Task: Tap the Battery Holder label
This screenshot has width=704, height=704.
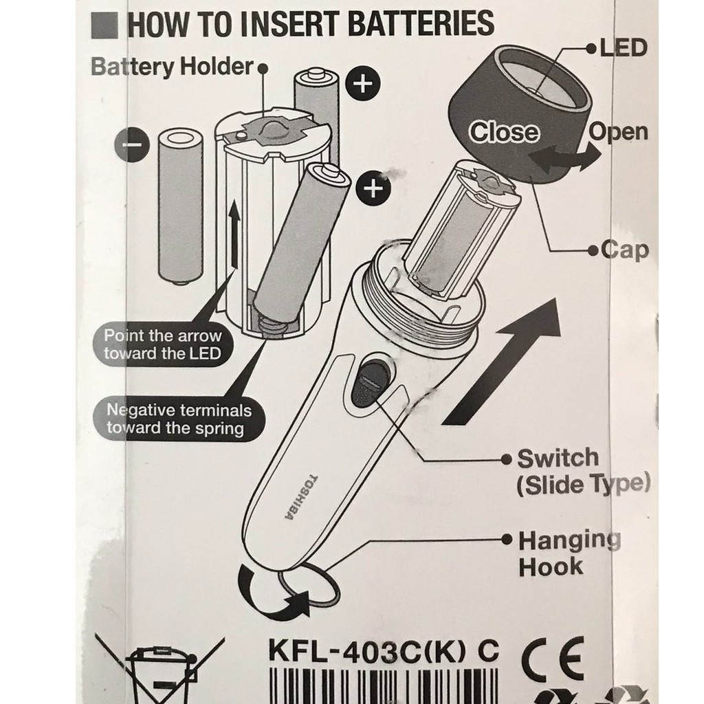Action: point(173,67)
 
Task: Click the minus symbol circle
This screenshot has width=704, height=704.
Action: point(131,144)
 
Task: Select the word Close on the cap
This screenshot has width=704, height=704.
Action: point(504,132)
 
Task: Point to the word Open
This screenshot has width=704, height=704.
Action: point(618,133)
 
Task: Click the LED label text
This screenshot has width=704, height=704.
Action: point(624,48)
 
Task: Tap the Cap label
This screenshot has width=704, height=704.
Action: point(625,250)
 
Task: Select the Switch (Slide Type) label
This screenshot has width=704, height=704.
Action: point(583,472)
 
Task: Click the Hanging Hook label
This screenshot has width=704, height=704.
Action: point(569,553)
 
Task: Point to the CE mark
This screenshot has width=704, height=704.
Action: point(553,658)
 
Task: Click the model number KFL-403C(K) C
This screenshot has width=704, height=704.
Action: point(384,650)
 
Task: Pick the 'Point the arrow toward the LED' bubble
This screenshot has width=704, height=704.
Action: point(162,345)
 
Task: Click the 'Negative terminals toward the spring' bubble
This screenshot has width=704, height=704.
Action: point(179,419)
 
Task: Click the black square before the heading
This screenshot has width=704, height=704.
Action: point(104,25)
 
